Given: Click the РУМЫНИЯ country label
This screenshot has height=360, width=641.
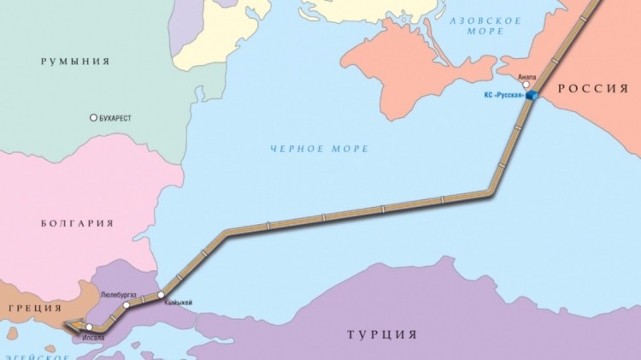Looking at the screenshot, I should (77, 62).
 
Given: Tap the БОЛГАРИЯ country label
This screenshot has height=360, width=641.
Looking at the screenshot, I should (77, 223).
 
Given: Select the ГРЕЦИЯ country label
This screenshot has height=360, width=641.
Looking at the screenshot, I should (32, 308).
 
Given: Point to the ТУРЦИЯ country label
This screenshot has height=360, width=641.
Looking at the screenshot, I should (382, 333).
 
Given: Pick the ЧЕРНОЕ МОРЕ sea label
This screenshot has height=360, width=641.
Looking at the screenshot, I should (320, 149).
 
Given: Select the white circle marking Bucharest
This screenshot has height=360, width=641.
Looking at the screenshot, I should (94, 118).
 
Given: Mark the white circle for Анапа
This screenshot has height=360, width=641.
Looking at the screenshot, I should (527, 85).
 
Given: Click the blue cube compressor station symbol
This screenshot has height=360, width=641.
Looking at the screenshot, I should (532, 96).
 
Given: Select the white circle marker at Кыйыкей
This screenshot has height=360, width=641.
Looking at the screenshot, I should (161, 296).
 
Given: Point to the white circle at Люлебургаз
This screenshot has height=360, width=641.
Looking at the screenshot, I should (126, 304).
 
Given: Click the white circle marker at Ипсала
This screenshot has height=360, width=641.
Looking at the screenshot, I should (89, 327).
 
